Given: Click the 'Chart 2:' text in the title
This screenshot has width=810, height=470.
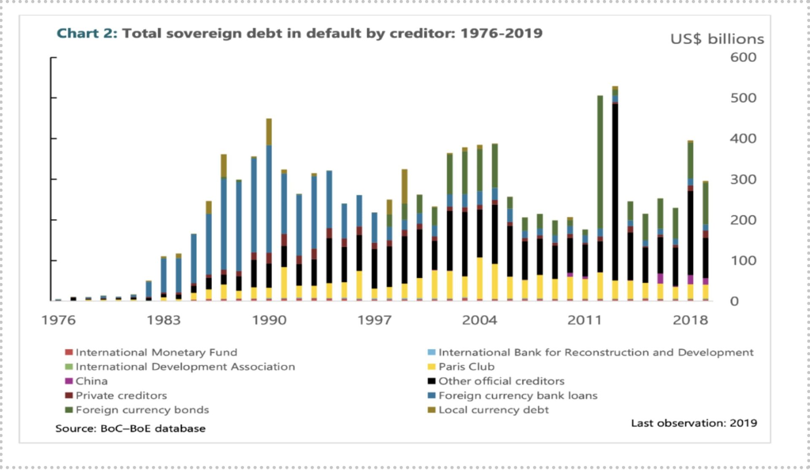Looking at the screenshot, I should [x=86, y=33].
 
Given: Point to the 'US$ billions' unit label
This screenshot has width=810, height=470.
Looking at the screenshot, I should [x=717, y=39].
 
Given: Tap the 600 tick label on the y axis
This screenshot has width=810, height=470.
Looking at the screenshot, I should [x=743, y=57].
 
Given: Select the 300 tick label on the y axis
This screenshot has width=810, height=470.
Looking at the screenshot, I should [x=743, y=180].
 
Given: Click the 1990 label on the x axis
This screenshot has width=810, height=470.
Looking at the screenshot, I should [x=269, y=320].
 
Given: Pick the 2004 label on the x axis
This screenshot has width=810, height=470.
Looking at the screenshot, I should [x=479, y=320].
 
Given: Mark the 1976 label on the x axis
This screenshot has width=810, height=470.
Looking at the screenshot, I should [x=59, y=320].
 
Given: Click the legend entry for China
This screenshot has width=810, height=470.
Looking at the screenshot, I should [x=91, y=381].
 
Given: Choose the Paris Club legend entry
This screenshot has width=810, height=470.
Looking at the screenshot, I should [x=466, y=367].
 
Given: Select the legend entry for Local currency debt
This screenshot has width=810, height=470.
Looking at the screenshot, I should [x=493, y=410].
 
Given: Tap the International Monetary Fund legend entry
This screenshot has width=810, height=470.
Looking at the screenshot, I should [x=156, y=352].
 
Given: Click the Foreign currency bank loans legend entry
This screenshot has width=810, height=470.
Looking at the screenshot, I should [x=518, y=395].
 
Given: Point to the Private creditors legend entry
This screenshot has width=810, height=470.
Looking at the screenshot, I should [x=121, y=395].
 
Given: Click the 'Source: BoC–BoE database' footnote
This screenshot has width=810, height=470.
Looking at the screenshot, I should [x=130, y=429].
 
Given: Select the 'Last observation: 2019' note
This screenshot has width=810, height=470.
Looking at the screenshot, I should [x=694, y=423].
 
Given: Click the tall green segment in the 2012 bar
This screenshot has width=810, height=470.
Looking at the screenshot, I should [x=600, y=162].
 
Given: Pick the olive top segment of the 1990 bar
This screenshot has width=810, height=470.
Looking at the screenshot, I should [x=269, y=132].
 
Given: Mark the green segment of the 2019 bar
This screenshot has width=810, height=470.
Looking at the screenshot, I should [x=705, y=203].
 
